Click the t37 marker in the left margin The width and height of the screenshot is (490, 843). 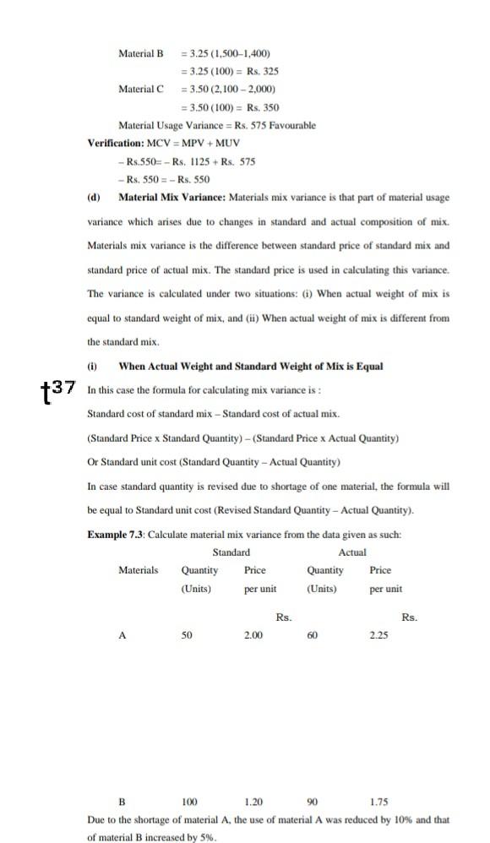tap(58, 389)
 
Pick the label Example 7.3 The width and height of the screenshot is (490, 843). tap(115, 535)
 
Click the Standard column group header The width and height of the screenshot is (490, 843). tap(231, 552)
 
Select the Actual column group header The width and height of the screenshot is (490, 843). tap(352, 552)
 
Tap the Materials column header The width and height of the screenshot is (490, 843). tap(138, 570)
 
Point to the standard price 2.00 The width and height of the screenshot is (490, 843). tap(253, 636)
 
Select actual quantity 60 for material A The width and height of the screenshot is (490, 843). tap(313, 636)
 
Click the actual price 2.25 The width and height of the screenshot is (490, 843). tap(378, 636)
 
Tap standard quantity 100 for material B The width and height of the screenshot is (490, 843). tap(189, 802)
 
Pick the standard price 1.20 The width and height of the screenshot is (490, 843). tap(253, 802)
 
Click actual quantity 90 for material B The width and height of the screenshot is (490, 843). tap(313, 802)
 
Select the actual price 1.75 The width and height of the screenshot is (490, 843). tap(378, 802)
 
